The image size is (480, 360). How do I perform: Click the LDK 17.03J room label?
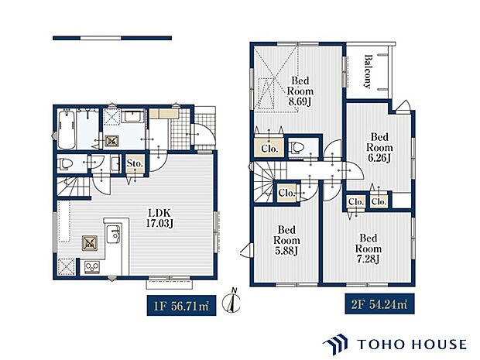(159, 218)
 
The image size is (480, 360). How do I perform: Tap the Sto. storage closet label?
(135, 163)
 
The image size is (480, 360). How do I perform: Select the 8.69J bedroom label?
(300, 91)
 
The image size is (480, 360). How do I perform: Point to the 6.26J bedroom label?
(379, 148)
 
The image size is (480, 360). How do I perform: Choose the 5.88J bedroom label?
(286, 240)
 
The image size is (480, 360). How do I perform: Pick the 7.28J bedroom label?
(369, 249)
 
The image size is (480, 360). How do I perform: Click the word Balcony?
(368, 71)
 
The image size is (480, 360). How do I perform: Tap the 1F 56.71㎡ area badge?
(181, 306)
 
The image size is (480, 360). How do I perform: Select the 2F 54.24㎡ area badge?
(379, 304)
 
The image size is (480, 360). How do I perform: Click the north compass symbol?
(231, 300)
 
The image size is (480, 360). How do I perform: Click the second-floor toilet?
(297, 148)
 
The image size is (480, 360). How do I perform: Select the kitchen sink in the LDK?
(113, 234)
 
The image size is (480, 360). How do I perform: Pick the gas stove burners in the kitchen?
(92, 267)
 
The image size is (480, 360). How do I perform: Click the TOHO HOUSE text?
(412, 345)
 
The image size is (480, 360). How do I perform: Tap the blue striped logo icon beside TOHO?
(335, 345)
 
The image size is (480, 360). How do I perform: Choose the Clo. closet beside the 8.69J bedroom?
(269, 149)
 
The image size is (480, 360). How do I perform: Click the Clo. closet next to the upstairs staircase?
(286, 193)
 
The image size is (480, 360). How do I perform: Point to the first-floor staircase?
(74, 187)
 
